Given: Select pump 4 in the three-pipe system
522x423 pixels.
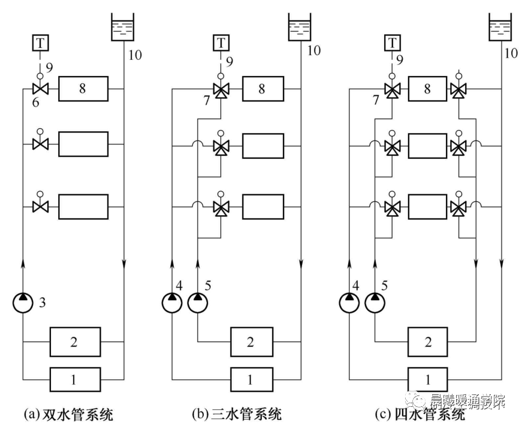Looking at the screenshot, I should (x=171, y=301).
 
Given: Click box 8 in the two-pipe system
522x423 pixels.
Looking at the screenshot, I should (x=83, y=89).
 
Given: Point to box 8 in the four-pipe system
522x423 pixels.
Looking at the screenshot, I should (x=427, y=89).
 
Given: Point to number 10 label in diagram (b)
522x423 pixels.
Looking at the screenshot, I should (x=314, y=50).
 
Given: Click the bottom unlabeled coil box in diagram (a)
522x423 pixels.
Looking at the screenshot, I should (x=83, y=206).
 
